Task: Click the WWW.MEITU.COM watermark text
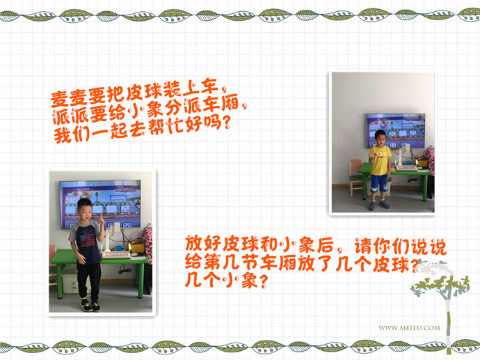coord(409,328)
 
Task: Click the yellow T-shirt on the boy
coord(380,161)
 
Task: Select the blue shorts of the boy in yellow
coord(379,183)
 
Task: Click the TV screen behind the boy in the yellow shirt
coord(396,131)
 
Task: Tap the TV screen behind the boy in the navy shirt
coord(100,204)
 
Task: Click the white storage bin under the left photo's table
coord(70,281)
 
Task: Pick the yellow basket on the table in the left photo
coord(137,246)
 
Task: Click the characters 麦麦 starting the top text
coord(68,97)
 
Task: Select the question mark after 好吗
coord(225,123)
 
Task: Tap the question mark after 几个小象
coord(263,281)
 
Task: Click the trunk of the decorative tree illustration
coord(449,324)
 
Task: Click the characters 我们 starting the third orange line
coord(72,135)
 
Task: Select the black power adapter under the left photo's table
coord(125,270)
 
